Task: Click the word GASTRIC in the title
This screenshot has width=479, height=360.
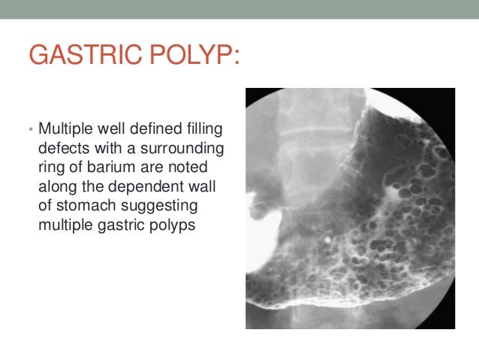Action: [x=79, y=56]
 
